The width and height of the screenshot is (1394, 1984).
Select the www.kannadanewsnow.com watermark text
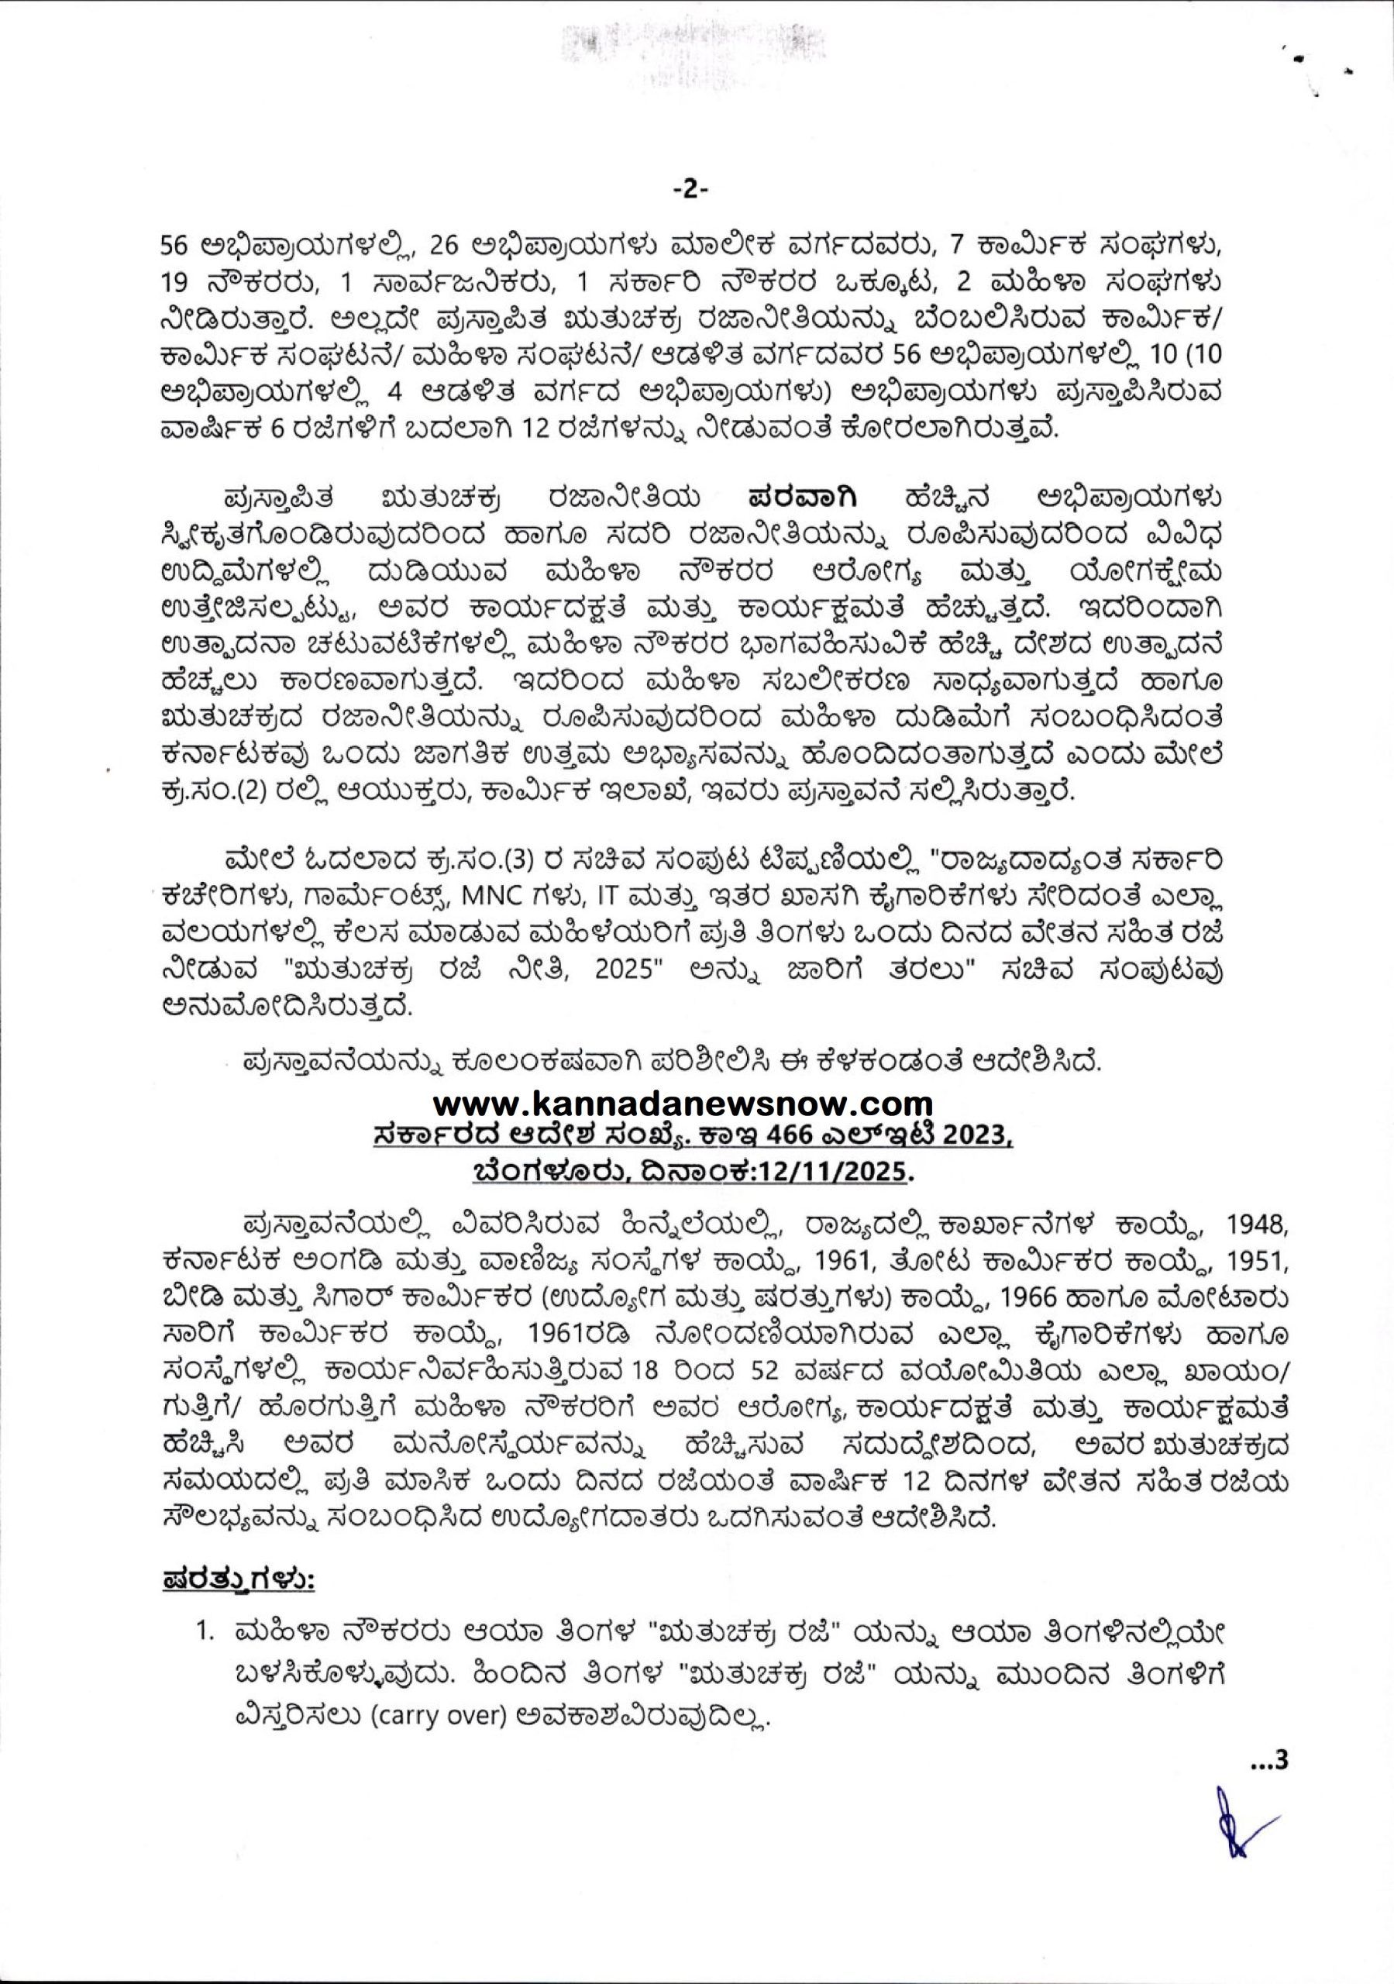click(x=682, y=1104)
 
